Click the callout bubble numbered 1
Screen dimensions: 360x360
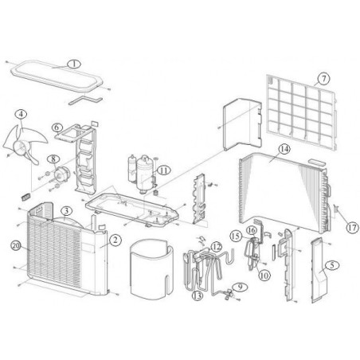point(74,64)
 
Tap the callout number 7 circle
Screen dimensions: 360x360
point(323,79)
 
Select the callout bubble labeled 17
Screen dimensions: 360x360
point(353,228)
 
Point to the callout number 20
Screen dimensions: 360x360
point(16,246)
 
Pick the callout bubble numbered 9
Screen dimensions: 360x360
point(240,287)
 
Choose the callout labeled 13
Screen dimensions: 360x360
point(198,295)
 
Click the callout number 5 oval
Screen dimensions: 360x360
point(332,265)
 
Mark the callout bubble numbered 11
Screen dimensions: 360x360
point(164,170)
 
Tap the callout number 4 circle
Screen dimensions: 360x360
point(21,115)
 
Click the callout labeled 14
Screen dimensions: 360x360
point(284,149)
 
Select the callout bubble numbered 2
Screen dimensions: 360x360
point(115,241)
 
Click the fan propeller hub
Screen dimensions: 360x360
point(19,147)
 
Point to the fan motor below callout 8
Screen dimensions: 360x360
point(62,174)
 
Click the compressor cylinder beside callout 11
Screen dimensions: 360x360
point(144,173)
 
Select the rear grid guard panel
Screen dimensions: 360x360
point(302,112)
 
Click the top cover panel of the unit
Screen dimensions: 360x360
point(57,76)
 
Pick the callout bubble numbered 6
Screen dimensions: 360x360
point(57,127)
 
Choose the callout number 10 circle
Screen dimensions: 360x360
point(264,276)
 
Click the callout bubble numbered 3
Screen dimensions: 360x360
point(66,211)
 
